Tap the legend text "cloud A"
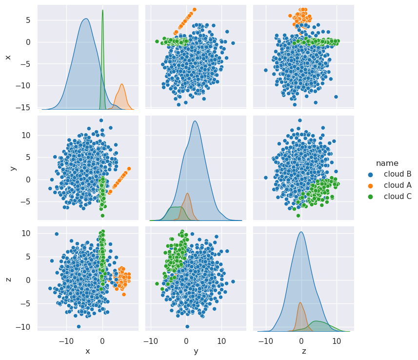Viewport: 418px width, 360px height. point(398,185)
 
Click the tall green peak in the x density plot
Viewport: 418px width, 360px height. point(102,10)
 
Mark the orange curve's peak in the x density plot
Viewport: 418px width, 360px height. point(122,84)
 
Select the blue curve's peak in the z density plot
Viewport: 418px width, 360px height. point(301,232)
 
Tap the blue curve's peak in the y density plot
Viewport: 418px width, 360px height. point(195,121)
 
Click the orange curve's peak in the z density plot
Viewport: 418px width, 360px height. point(300,302)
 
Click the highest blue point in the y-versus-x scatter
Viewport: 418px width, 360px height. point(101,120)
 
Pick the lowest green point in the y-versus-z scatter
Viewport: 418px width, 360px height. point(298,216)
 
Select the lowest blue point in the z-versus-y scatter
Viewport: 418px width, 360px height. point(187,326)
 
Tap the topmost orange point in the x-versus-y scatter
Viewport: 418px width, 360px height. point(194,9)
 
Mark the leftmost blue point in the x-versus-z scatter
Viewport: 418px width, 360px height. point(266,70)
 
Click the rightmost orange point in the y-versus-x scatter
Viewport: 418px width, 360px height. point(129,169)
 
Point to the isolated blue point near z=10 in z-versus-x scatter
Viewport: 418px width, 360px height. point(57,234)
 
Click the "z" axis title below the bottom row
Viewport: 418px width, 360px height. point(303,351)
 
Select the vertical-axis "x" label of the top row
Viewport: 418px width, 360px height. point(8,57)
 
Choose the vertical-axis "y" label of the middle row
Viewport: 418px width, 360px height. point(13,168)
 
